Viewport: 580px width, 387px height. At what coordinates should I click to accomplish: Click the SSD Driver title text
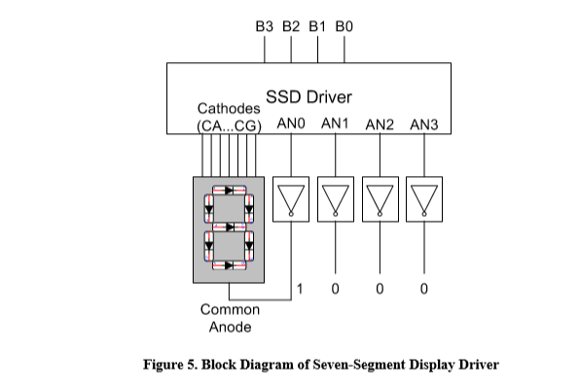[x=308, y=97]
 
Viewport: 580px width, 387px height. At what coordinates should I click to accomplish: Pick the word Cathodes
[x=228, y=109]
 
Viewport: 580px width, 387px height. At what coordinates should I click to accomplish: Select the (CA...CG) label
[x=230, y=125]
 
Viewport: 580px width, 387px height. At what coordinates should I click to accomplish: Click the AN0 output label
[x=292, y=125]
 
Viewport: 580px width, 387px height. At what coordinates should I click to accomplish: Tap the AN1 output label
[x=336, y=125]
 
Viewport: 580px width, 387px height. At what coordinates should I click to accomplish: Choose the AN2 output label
[x=381, y=125]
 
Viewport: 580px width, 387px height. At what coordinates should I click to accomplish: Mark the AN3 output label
[x=425, y=125]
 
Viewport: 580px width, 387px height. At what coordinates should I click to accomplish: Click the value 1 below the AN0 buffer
[x=301, y=289]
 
